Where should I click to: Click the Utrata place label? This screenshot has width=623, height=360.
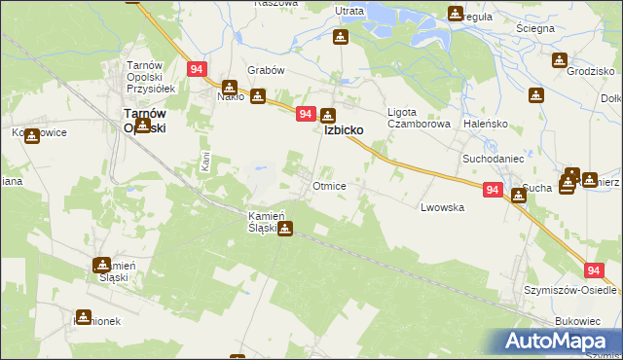(348, 11)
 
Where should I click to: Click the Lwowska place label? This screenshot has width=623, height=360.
(442, 207)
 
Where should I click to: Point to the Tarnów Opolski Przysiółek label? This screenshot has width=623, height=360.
(142, 77)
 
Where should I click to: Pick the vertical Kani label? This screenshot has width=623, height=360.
(204, 162)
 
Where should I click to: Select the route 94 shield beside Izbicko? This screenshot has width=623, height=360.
(306, 114)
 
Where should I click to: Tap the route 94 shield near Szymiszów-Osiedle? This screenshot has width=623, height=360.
(596, 271)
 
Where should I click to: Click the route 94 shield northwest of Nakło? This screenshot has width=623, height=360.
(197, 69)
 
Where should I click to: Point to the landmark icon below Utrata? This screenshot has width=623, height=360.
(340, 37)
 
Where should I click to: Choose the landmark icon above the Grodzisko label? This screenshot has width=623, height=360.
(559, 60)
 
